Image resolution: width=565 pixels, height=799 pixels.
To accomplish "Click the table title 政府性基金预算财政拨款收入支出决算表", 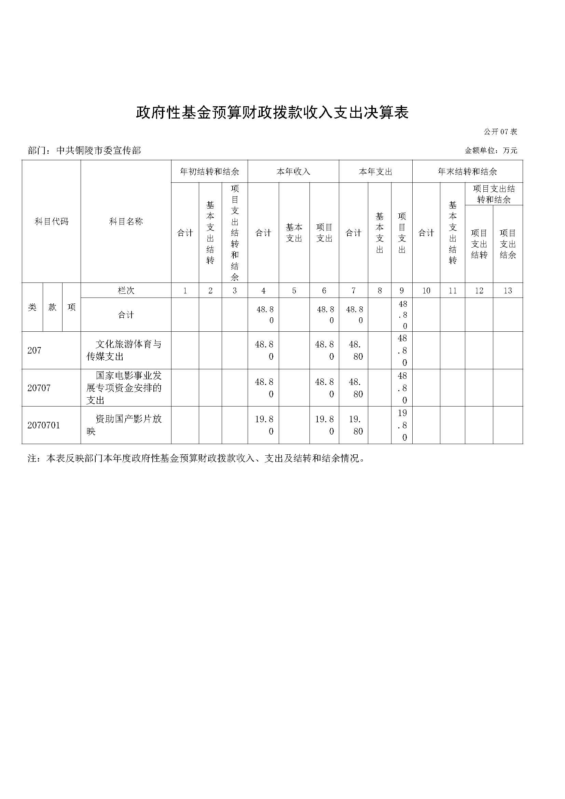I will click(x=272, y=112).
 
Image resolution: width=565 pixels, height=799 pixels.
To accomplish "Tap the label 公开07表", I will click(x=500, y=132).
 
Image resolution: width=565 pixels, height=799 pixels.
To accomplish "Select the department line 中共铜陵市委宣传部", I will click(x=84, y=150).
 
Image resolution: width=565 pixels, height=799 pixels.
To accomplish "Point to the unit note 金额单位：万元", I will click(x=491, y=151).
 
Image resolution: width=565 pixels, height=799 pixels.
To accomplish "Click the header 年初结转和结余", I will click(x=209, y=171).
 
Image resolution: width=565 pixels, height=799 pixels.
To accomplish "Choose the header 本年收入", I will click(x=293, y=171).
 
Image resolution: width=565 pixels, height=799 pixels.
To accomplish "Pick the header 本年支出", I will click(x=375, y=171).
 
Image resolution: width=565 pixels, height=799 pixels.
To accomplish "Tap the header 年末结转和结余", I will click(x=467, y=171).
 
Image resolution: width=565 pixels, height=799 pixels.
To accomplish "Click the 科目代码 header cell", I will click(x=52, y=221).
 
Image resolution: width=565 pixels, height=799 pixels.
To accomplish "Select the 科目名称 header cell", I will click(x=126, y=221).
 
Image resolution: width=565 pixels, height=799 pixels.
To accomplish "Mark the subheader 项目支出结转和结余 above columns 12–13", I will click(x=494, y=194).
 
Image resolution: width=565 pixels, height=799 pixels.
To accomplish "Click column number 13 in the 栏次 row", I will click(x=508, y=291).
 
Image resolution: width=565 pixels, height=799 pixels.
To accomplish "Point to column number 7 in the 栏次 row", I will click(x=354, y=291).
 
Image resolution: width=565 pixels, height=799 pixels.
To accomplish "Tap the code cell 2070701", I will click(x=43, y=425).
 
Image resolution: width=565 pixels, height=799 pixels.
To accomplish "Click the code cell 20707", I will click(x=39, y=388).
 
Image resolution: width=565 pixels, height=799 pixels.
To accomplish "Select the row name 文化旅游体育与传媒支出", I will click(x=124, y=350).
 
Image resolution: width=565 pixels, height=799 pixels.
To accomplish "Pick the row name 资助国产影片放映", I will click(x=124, y=425).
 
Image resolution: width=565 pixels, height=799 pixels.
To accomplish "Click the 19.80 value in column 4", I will click(x=264, y=425).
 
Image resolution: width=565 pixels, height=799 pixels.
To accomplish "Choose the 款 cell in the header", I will click(x=53, y=307).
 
